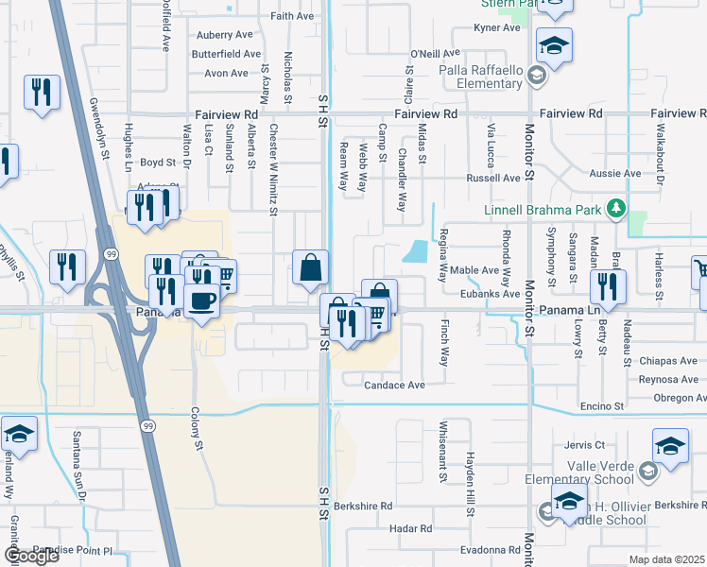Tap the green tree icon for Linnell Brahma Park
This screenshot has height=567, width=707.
(616, 208)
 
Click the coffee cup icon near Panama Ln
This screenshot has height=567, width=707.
(202, 302)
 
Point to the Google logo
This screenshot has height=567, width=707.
(31, 557)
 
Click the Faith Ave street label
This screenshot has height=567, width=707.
(291, 17)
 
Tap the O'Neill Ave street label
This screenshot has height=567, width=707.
(435, 54)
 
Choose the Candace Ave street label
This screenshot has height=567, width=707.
(396, 385)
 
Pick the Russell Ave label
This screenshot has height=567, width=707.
(493, 178)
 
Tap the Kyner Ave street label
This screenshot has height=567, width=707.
(498, 28)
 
